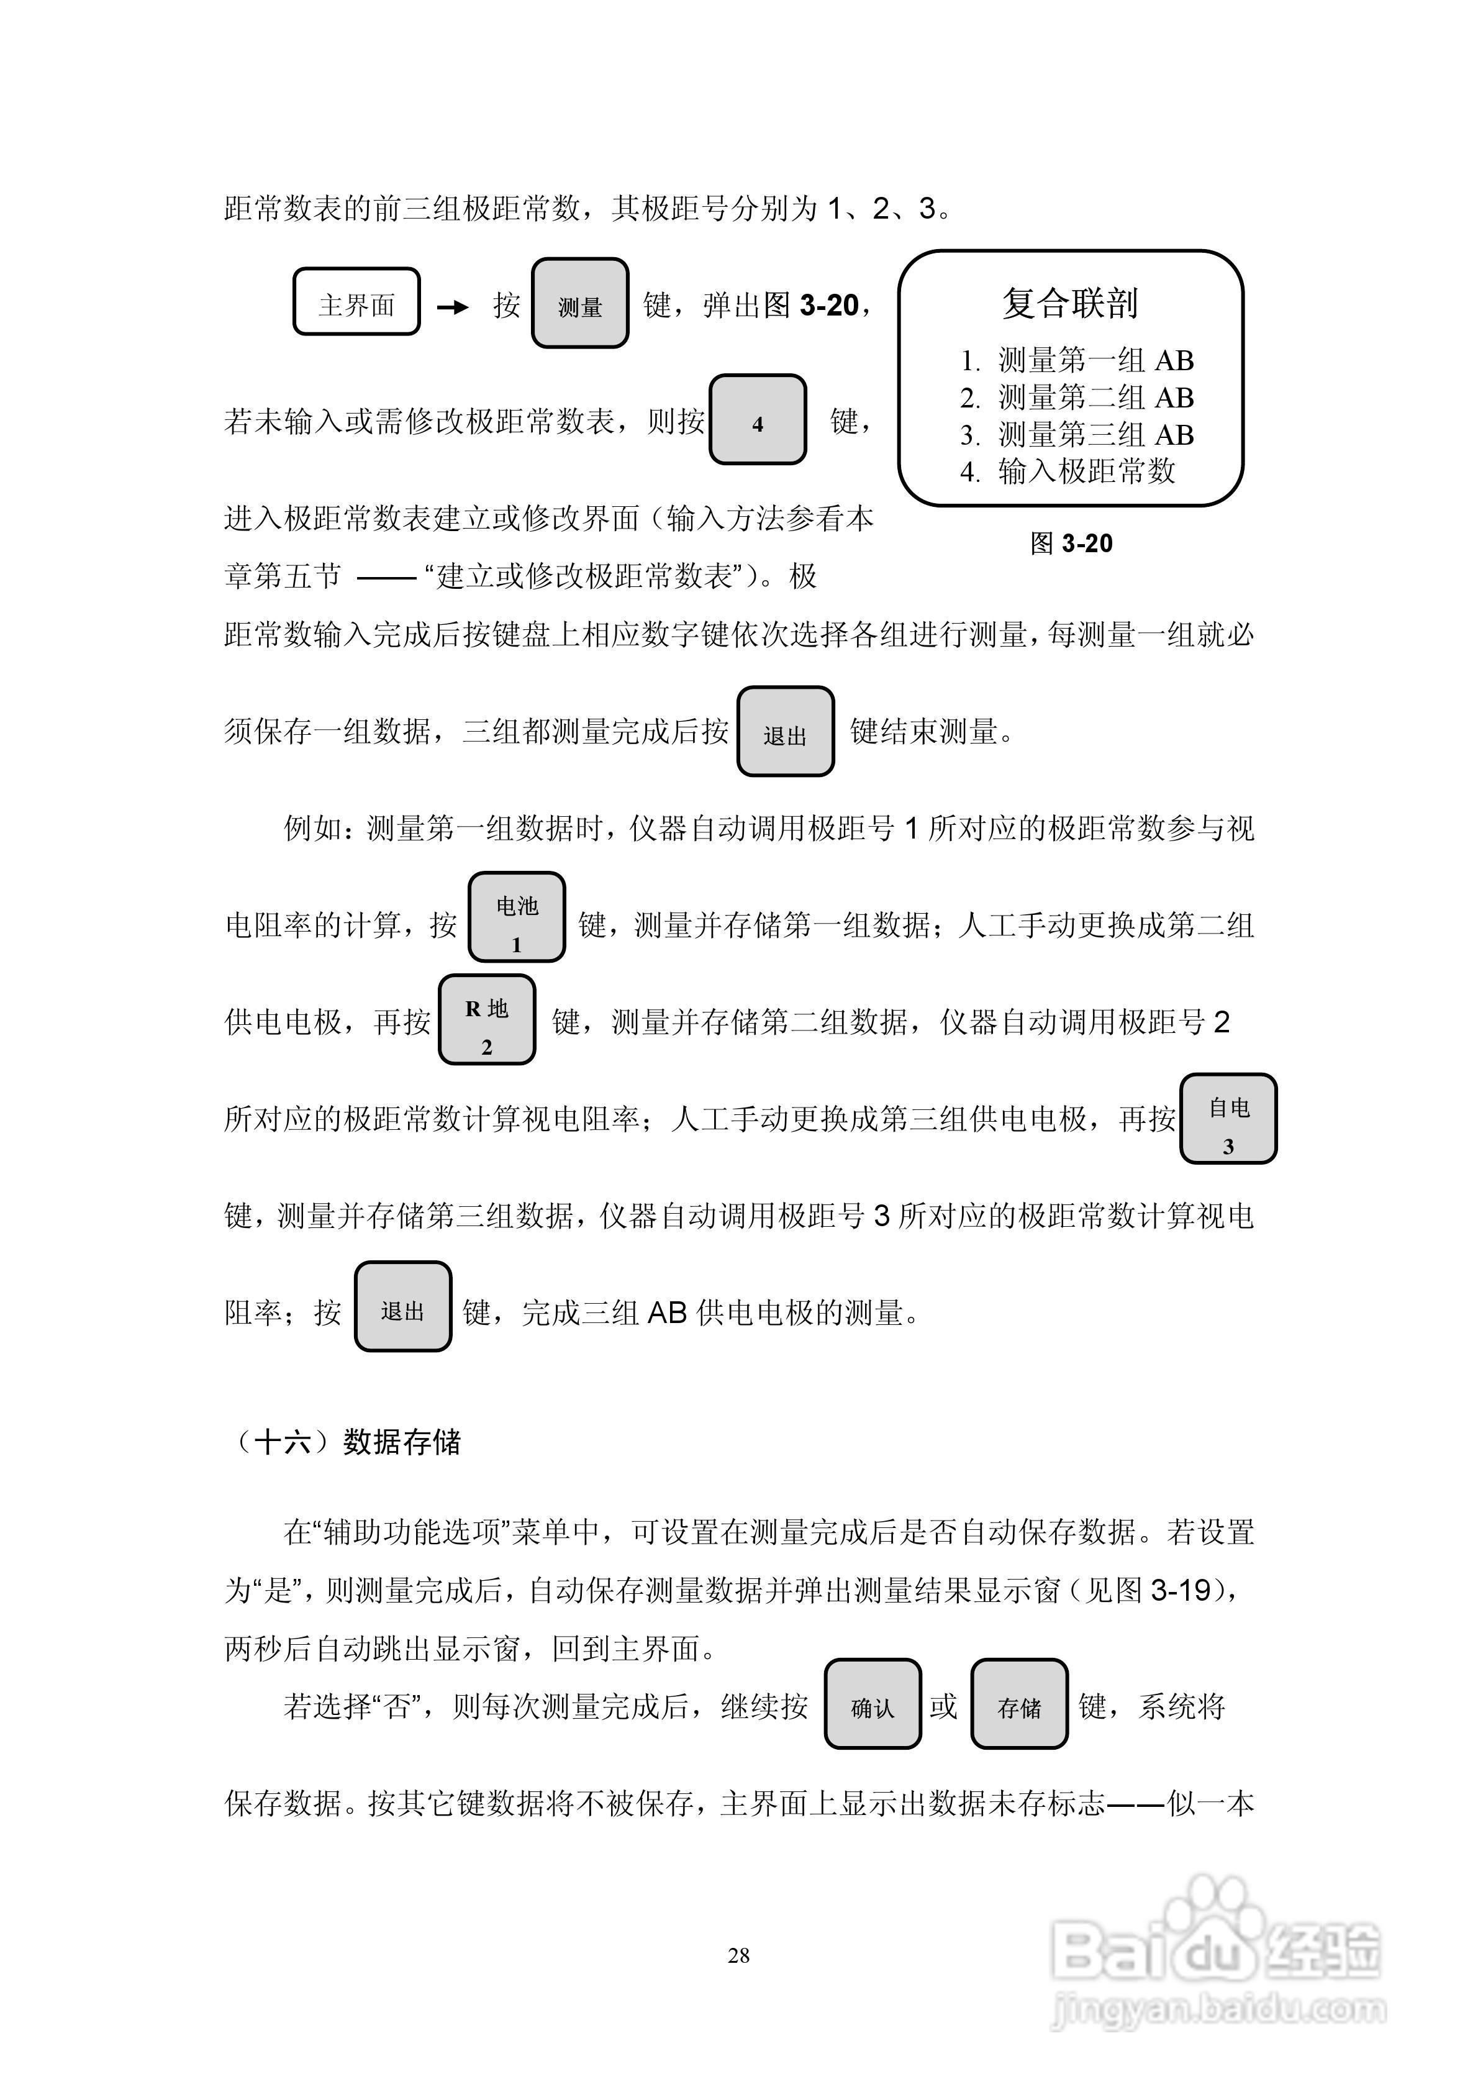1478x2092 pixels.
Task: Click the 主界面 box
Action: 356,302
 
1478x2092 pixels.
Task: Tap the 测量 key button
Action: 581,303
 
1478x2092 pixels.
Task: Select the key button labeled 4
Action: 757,420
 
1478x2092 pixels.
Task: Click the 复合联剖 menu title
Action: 1070,303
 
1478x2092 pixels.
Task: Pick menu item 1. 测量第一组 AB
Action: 1077,361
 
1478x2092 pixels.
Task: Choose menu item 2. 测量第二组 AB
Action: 1077,398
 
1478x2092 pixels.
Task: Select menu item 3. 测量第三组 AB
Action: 1077,435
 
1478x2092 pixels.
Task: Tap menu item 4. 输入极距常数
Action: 1068,472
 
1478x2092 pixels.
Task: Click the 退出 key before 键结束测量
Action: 786,732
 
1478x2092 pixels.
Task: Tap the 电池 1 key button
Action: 517,917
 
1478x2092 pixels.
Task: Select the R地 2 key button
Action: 487,1021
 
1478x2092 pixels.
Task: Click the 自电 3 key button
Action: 1228,1119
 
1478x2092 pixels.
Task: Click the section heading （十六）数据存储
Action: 347,1442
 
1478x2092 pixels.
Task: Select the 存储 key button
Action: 1018,1704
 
